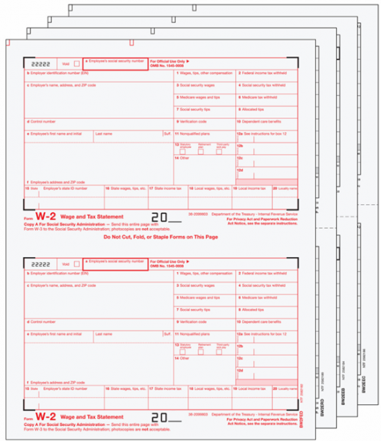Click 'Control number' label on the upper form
click(x=43, y=120)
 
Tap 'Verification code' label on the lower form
click(x=192, y=321)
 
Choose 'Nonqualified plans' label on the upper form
click(x=196, y=132)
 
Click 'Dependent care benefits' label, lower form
click(x=261, y=321)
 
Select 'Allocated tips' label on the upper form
click(x=253, y=109)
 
